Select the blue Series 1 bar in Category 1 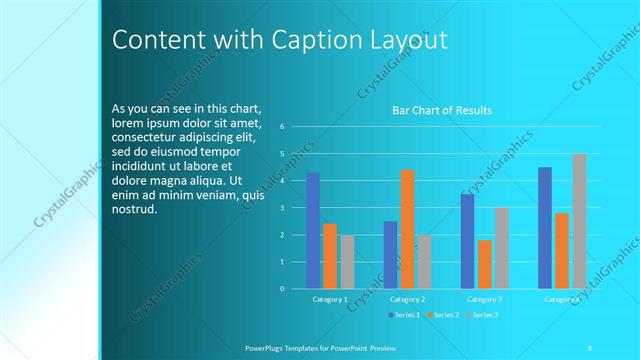(x=313, y=231)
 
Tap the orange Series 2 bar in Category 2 (x=407, y=229)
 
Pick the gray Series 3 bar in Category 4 (x=579, y=221)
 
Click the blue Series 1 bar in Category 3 (x=467, y=241)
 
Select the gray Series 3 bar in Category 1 (x=347, y=262)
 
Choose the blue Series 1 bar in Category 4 (x=545, y=228)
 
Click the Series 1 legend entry (x=404, y=315)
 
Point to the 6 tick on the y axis (x=283, y=127)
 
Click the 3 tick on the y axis (x=283, y=208)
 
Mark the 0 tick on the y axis (x=283, y=289)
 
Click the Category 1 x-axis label (x=330, y=299)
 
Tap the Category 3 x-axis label (x=485, y=299)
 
